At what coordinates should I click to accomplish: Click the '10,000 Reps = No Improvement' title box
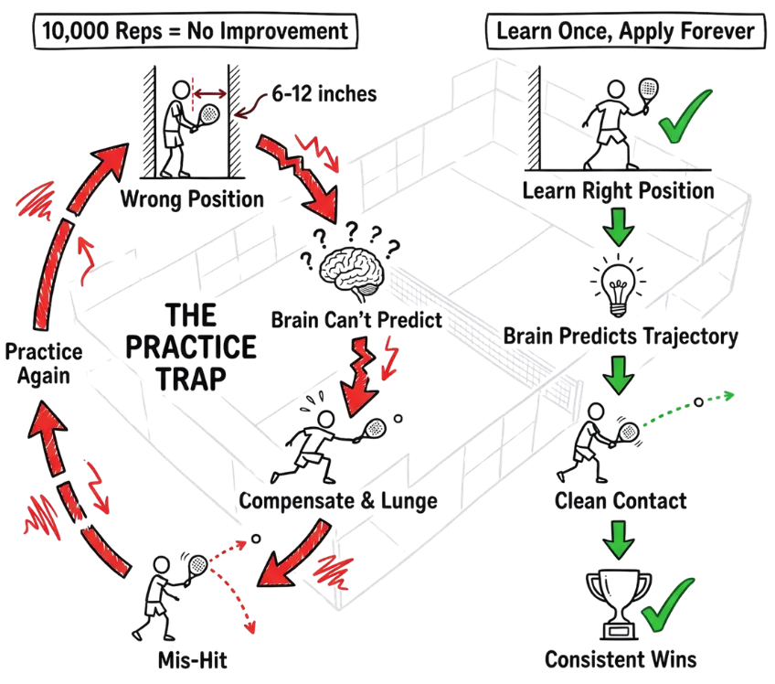[x=196, y=31]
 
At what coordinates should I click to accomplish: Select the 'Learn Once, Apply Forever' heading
[x=626, y=31]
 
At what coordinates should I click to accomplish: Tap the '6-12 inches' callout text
[x=324, y=93]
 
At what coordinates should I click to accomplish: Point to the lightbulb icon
[x=618, y=285]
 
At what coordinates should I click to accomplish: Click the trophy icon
[x=619, y=604]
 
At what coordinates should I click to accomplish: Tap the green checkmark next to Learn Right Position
[x=685, y=116]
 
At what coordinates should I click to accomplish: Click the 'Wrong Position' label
[x=192, y=199]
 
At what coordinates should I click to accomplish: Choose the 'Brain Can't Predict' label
[x=356, y=320]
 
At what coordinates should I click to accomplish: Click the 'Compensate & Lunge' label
[x=338, y=500]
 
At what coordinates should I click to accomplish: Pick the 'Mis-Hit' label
[x=192, y=660]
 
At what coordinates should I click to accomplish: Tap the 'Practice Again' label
[x=44, y=364]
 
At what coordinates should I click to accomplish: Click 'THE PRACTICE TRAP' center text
[x=191, y=347]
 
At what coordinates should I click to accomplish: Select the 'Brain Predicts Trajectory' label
[x=621, y=337]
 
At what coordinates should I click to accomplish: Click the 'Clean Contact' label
[x=621, y=501]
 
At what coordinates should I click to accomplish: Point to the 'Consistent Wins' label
[x=621, y=659]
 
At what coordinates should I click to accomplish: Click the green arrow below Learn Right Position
[x=619, y=227]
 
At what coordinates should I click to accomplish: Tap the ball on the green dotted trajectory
[x=698, y=402]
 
